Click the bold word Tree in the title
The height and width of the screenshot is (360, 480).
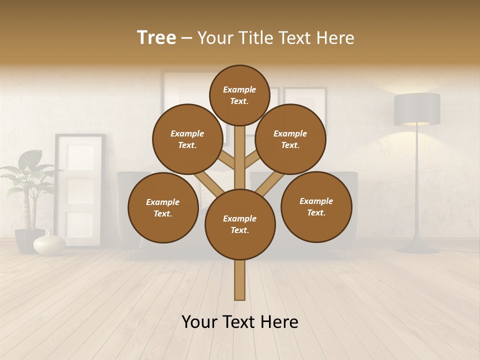(x=156, y=37)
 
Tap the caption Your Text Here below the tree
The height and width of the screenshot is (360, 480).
(x=240, y=322)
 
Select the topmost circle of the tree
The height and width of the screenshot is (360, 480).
(x=239, y=95)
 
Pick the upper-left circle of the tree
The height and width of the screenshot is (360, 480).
(x=187, y=139)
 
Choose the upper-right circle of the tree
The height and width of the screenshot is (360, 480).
(x=290, y=139)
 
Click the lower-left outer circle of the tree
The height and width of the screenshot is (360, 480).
(x=163, y=207)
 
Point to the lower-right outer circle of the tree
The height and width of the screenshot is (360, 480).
(x=316, y=206)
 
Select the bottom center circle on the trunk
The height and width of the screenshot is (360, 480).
(x=240, y=224)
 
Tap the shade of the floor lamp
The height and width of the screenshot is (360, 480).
(x=417, y=109)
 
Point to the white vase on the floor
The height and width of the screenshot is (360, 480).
(x=49, y=243)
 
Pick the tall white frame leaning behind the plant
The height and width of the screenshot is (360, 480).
(x=80, y=190)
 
